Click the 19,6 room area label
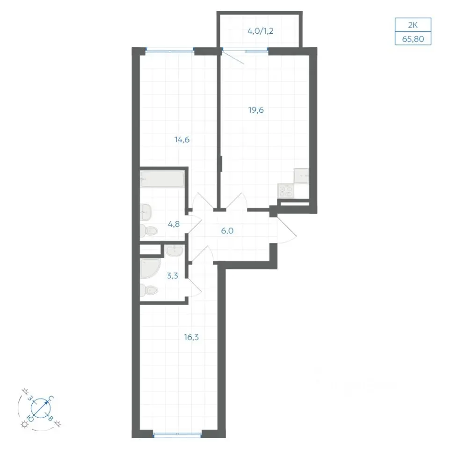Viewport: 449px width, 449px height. point(256,110)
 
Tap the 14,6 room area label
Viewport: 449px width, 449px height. point(182,140)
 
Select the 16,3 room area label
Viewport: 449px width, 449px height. point(191,337)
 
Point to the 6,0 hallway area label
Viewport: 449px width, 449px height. point(227,231)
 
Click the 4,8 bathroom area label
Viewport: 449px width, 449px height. point(174,224)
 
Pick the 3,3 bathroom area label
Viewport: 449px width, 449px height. point(173,276)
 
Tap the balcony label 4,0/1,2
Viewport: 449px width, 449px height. point(261,31)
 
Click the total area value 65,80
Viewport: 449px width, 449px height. point(413,39)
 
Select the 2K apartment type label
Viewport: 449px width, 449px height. point(413,25)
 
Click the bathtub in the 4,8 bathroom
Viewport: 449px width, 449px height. point(162,179)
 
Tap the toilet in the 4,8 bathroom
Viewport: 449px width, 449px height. point(149,231)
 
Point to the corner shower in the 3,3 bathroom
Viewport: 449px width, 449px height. point(151,268)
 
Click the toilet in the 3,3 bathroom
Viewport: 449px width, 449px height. point(149,290)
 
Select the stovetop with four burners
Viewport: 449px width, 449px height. point(285,191)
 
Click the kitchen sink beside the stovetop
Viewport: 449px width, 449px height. point(301,175)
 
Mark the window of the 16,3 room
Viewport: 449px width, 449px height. point(178,434)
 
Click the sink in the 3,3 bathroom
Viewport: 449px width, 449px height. point(174,251)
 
